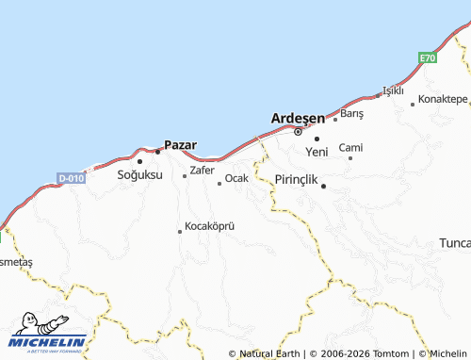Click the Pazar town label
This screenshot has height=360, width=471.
coord(180,145)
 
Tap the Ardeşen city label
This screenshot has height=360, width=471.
coord(298,118)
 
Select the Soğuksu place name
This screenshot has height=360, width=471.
coord(139,175)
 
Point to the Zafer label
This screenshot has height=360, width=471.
coord(203,171)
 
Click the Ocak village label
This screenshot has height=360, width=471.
coord(236,178)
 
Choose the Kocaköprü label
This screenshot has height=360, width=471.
coord(209,226)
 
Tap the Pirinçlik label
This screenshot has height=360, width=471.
coord(299,179)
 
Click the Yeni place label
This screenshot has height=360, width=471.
coord(317,152)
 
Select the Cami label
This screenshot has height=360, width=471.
coord(350,148)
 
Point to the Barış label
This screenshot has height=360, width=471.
coord(351,113)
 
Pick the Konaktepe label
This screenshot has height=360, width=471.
coord(443,99)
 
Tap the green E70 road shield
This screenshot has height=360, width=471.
coord(429,58)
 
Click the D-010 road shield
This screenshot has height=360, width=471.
coord(71,177)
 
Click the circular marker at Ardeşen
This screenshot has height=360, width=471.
coord(298,131)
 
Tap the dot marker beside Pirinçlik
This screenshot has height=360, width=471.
coord(324,186)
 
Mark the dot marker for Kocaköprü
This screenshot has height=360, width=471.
coord(180,231)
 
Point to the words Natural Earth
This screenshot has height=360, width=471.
coord(271,353)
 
